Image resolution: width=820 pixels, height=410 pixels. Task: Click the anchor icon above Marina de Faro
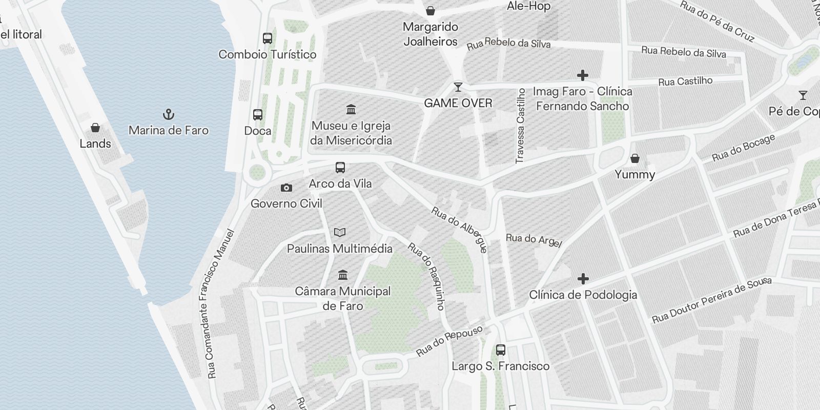coord(168,114)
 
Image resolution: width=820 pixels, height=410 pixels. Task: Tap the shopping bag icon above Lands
coord(95,128)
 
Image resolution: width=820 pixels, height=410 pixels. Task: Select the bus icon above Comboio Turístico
coord(268,38)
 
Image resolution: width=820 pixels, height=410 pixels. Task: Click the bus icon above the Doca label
coord(258,115)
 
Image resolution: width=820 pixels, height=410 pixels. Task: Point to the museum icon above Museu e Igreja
coord(351,109)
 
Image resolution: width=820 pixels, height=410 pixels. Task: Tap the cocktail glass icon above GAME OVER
coord(458,87)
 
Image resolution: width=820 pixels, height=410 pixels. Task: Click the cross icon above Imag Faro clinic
coord(582,75)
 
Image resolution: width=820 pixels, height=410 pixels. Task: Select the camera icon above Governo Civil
coord(286,188)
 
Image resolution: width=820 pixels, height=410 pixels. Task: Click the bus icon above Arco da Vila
coord(340,168)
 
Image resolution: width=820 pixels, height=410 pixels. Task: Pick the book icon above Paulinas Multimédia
coord(339,233)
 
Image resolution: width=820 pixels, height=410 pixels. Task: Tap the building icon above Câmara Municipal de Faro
coord(343,275)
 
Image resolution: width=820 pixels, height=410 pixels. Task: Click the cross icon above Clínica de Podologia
coord(583,279)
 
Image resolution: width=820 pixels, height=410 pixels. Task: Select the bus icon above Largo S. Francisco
coord(501,350)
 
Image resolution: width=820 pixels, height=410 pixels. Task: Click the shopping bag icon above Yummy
coord(635,158)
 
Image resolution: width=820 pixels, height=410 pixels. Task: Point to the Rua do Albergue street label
coord(460,230)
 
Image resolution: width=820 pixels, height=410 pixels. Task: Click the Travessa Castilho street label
coord(521,126)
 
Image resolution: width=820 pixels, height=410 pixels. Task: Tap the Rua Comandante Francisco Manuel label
coord(214,304)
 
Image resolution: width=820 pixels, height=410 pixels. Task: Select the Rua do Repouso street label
coord(449,340)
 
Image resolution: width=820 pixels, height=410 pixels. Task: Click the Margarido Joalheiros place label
coord(430,34)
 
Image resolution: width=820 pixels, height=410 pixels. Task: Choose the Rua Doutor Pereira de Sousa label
coord(711,301)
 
